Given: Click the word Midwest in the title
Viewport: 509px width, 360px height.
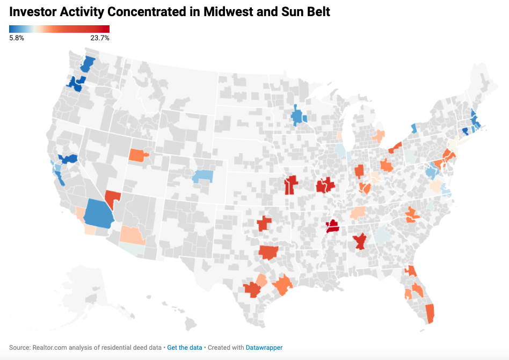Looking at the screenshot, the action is coord(228,12).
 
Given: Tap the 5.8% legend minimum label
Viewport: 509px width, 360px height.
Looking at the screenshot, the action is coord(17,38).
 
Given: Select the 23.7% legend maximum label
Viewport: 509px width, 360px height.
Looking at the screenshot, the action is coord(100,38).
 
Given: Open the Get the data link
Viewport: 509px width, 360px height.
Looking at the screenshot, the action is coord(184,348).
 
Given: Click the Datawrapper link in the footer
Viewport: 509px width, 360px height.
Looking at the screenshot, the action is coord(264,348).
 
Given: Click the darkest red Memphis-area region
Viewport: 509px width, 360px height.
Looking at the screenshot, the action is coord(332,226).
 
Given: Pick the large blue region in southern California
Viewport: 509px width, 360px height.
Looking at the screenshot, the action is coord(99,214).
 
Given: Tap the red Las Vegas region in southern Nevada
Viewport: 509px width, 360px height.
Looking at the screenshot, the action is coord(112,198).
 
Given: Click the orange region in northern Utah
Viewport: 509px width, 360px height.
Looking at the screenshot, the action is coord(139,155).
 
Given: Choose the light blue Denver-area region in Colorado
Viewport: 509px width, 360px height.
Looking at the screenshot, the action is coord(202,176).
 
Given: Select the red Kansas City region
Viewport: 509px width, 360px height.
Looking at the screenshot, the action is coord(290,185).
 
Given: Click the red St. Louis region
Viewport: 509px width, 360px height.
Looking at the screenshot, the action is coord(325,185).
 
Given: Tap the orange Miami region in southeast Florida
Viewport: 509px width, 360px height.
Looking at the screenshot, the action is coord(430,314).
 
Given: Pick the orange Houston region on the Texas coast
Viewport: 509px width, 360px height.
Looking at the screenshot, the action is coord(282,284).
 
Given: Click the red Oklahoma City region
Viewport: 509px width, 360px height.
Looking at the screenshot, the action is coord(264,224).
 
